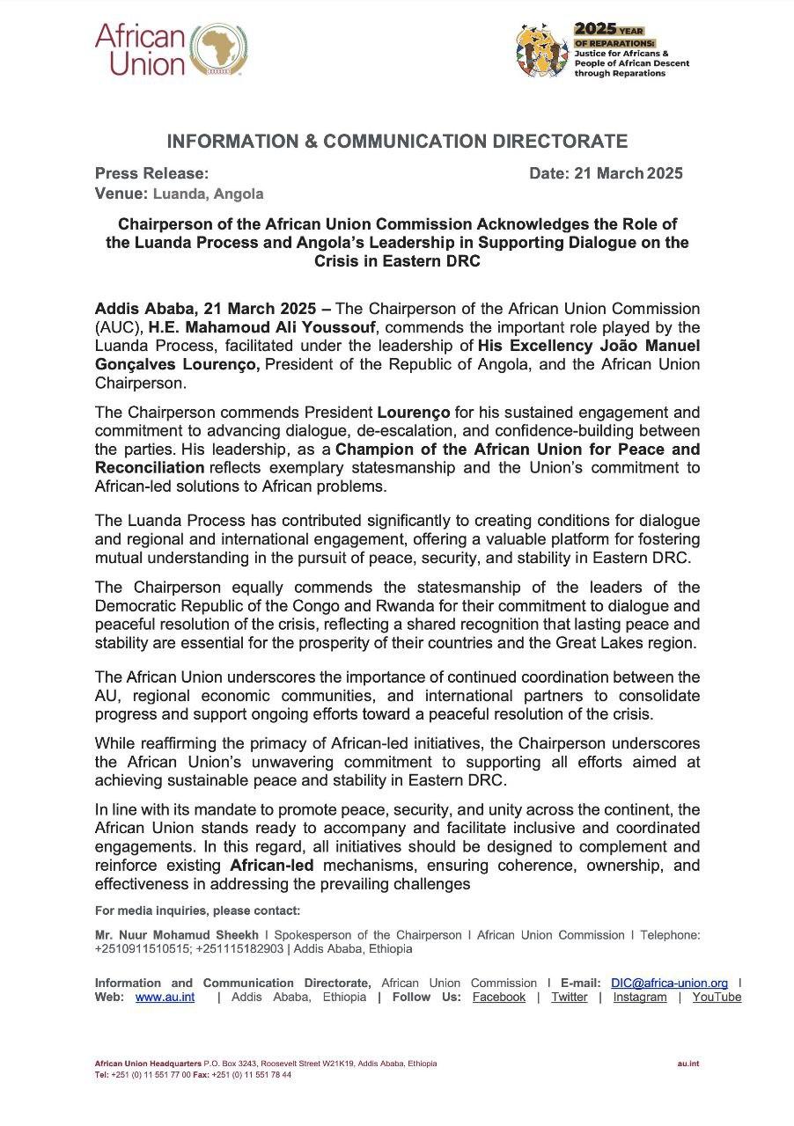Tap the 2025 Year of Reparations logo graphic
542,51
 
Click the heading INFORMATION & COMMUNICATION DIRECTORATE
397,142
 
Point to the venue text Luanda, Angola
208,194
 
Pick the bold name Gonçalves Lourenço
177,364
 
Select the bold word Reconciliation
149,466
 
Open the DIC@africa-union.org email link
669,983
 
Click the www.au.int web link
165,997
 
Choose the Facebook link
498,997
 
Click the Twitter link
569,997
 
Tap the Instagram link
639,997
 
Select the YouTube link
717,997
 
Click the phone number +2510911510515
142,949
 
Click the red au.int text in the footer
687,1064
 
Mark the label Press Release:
151,173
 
